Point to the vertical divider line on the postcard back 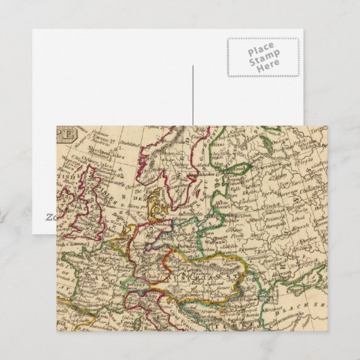pos(193,95)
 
